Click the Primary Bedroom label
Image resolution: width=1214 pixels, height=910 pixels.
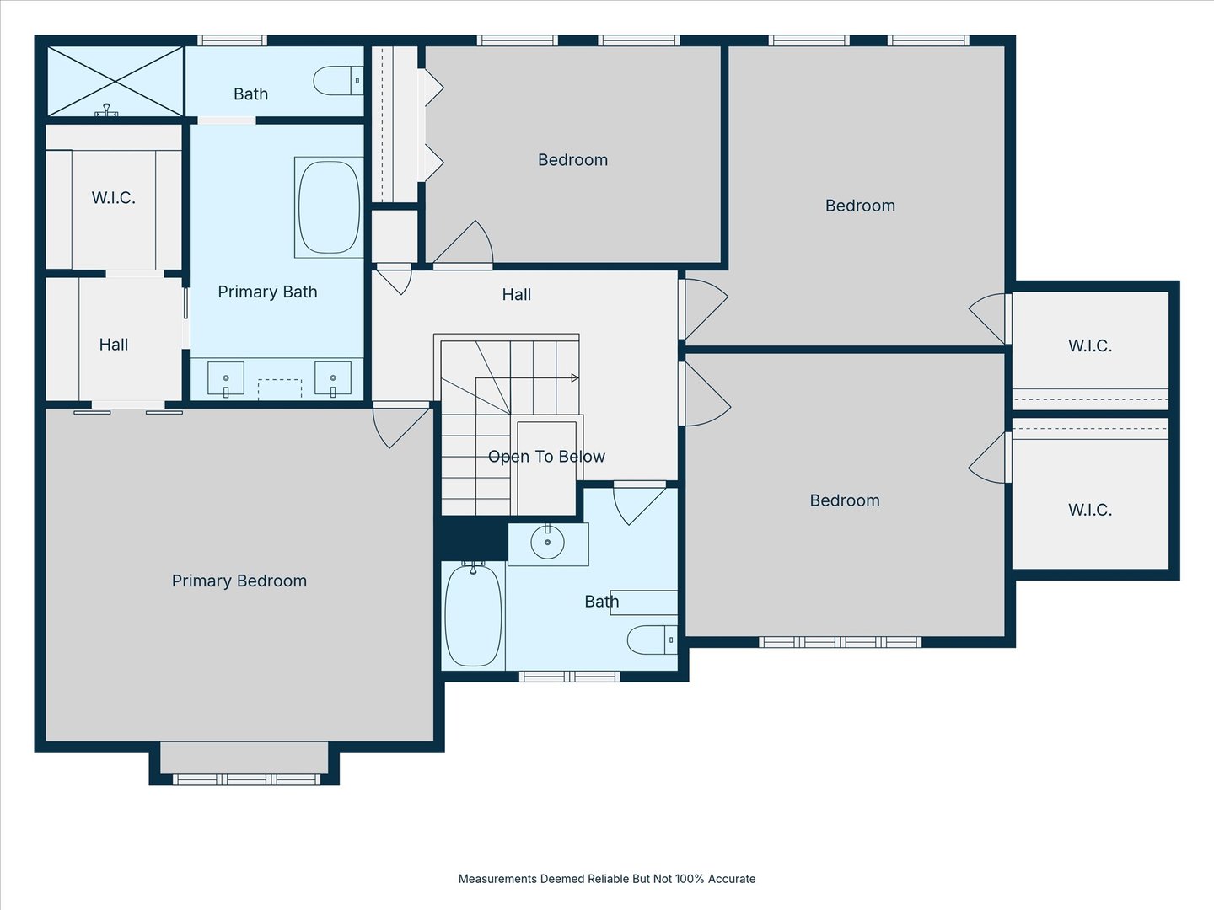[239, 581]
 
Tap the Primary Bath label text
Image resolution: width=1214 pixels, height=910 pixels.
[267, 292]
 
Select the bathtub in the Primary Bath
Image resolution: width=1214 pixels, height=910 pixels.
[329, 207]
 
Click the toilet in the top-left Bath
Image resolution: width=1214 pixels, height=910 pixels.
[337, 81]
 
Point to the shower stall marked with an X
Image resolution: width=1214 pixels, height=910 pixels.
[115, 82]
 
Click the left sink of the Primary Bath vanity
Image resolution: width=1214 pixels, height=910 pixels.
[226, 378]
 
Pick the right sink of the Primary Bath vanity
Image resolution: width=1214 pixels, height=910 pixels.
[333, 378]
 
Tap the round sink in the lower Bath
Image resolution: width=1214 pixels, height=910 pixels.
[548, 543]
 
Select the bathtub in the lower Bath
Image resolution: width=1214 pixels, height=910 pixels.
[473, 616]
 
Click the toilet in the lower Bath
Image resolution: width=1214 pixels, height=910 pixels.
[652, 640]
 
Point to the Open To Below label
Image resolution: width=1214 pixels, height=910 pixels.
[546, 457]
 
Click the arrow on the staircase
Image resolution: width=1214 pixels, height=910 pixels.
[574, 378]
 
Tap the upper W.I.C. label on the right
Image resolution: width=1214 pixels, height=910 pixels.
[1090, 345]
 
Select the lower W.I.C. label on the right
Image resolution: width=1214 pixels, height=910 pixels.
[1090, 510]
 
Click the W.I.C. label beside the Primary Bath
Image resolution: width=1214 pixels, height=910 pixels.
[113, 198]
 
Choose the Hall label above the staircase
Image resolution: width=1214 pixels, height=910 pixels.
[516, 295]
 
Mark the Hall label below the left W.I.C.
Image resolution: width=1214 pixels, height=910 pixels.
[113, 345]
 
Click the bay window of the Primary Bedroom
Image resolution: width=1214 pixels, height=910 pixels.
[244, 763]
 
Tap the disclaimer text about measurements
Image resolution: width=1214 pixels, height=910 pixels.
[606, 879]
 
